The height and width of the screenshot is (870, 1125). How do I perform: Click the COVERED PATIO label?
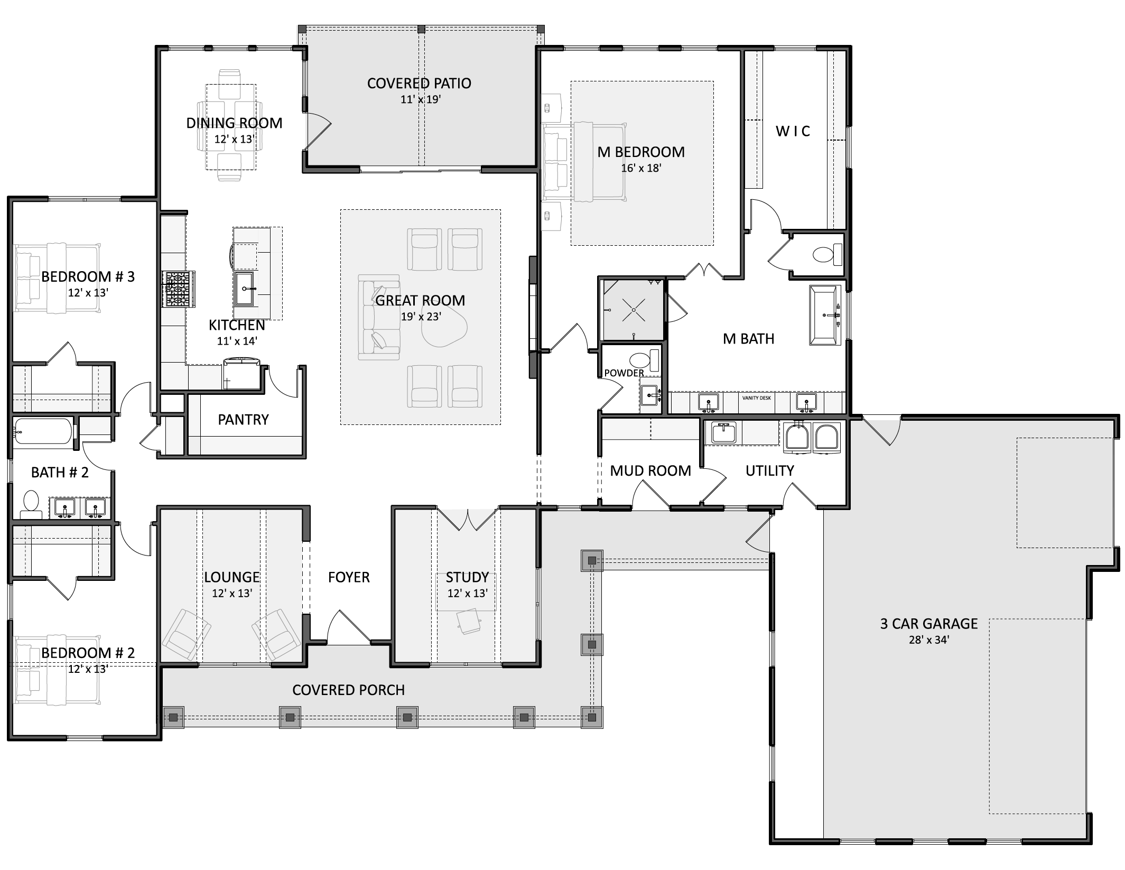coord(419,83)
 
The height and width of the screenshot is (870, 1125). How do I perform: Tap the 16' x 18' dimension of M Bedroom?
coord(641,168)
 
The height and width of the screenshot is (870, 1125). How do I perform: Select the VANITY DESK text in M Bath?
coord(756,397)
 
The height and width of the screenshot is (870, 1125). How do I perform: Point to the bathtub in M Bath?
coord(825,316)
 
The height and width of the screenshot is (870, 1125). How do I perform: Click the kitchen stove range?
coord(178,289)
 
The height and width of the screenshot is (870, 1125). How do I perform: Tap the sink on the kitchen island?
coord(245,289)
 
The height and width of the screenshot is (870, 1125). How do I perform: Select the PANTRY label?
coord(243,420)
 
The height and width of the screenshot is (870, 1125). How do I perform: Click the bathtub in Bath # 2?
coord(43,432)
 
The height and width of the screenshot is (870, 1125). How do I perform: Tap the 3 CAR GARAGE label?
coord(929,624)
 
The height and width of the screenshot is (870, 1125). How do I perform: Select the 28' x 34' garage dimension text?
coord(929,640)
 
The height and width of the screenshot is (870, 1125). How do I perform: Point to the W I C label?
coord(793,131)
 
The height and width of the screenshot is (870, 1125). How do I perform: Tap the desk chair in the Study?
coord(468,621)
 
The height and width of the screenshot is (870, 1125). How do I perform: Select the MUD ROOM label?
coord(650,471)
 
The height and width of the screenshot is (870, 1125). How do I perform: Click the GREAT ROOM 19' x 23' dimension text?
coord(421,317)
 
